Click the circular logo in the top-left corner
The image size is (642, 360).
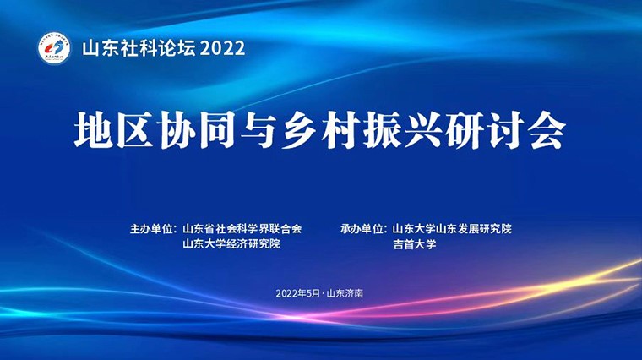pos(52,48)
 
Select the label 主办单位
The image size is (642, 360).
pos(150,228)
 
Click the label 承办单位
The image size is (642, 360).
pos(362,228)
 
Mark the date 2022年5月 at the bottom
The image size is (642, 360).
pos(297,293)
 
